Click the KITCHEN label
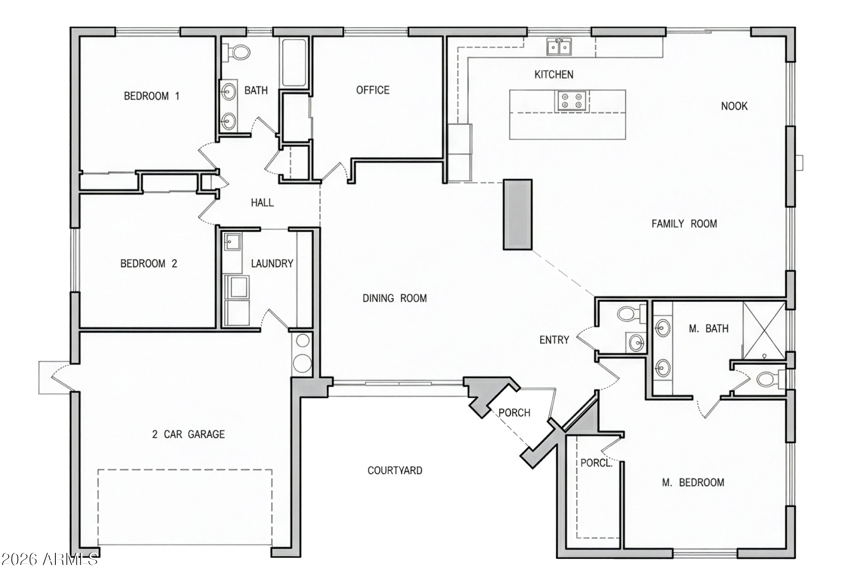pyautogui.click(x=554, y=74)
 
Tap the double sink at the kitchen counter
pyautogui.click(x=559, y=47)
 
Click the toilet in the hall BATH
pyautogui.click(x=237, y=52)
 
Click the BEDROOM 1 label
pyautogui.click(x=152, y=96)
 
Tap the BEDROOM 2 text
pyautogui.click(x=149, y=264)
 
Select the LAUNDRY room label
pyautogui.click(x=272, y=264)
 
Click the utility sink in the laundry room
pyautogui.click(x=232, y=242)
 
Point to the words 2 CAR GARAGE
pyautogui.click(x=188, y=434)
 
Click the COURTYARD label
pyautogui.click(x=394, y=470)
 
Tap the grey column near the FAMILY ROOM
pyautogui.click(x=517, y=214)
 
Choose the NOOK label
pyautogui.click(x=734, y=106)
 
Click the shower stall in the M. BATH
pyautogui.click(x=764, y=330)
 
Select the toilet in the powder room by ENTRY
pyautogui.click(x=628, y=313)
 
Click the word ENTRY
pyautogui.click(x=554, y=340)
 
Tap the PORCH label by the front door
pyautogui.click(x=514, y=413)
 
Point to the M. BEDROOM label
pyautogui.click(x=693, y=482)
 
